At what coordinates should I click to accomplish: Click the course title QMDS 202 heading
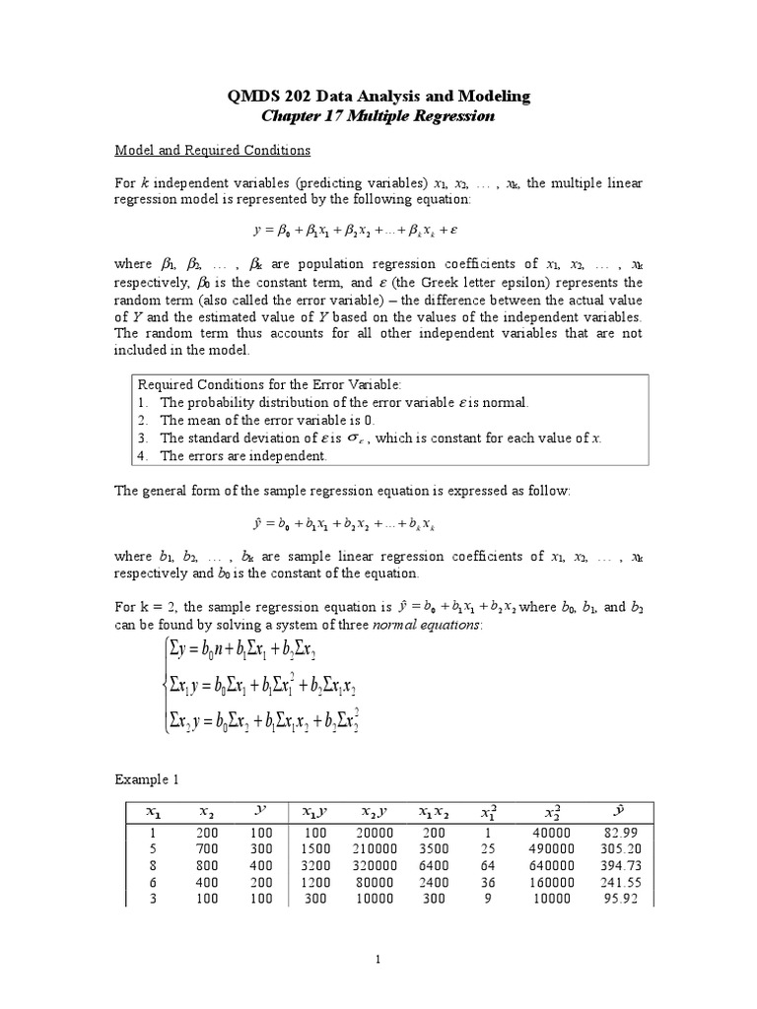tap(378, 96)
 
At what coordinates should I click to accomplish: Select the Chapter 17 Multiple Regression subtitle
tap(378, 115)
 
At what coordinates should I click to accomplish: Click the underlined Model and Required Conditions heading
tap(213, 151)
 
